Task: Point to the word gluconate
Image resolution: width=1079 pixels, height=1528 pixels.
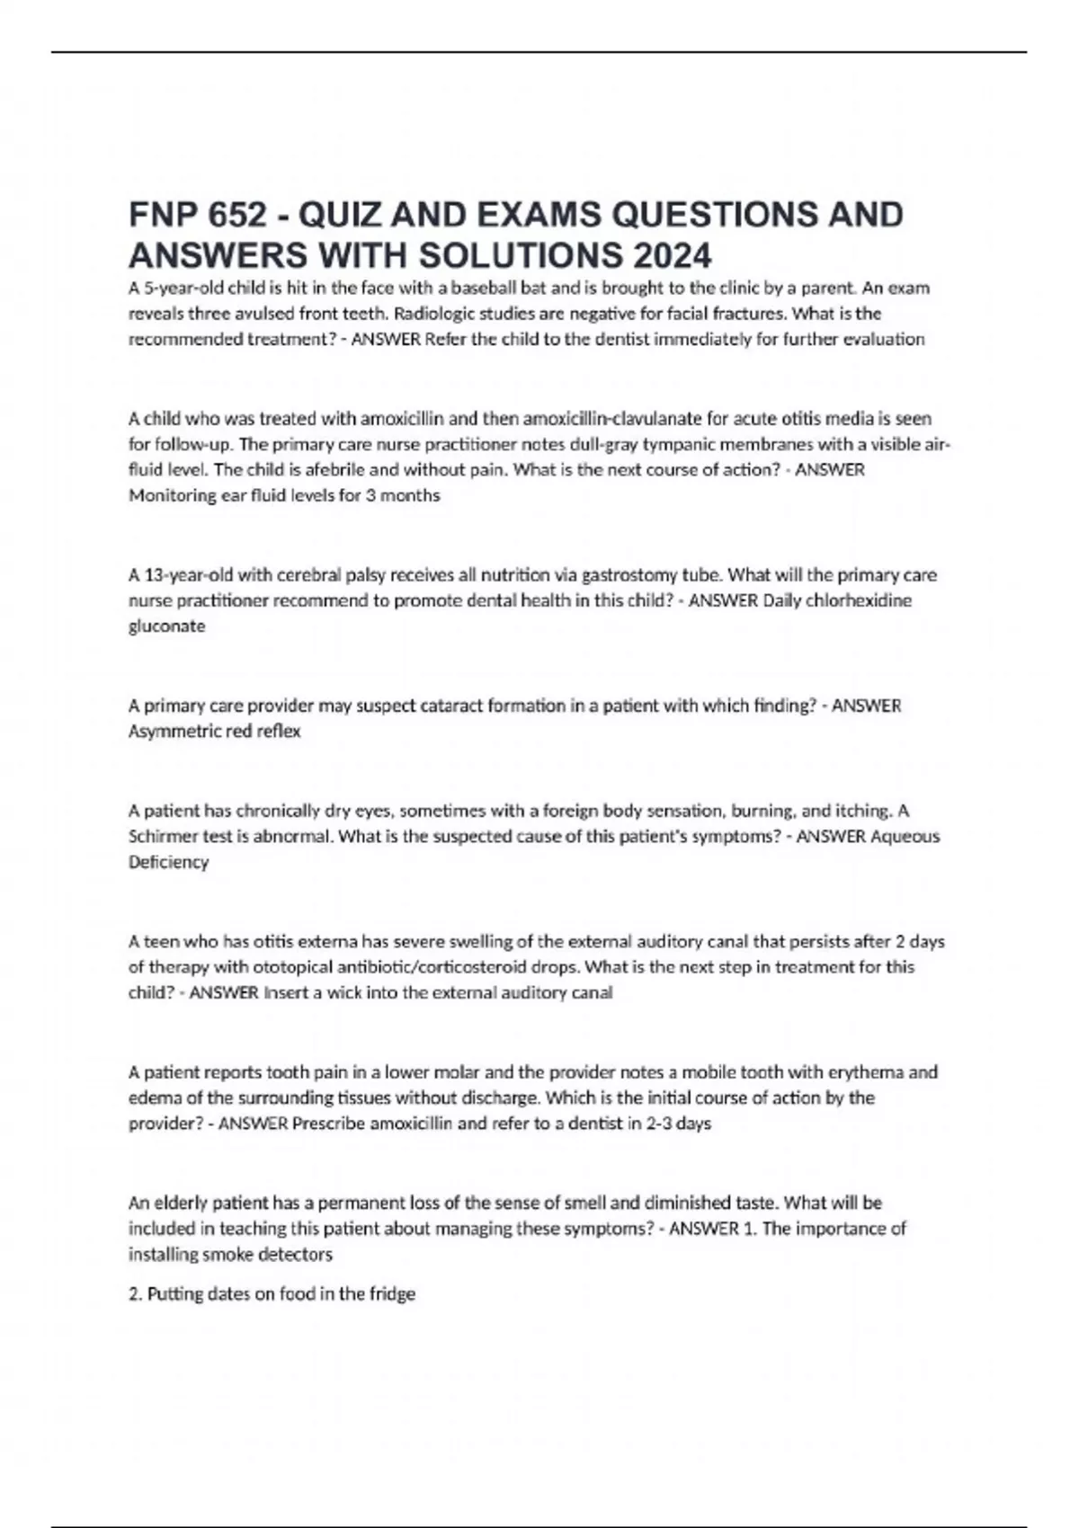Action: coord(167,626)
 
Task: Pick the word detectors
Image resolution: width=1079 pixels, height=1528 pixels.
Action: coord(296,1254)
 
